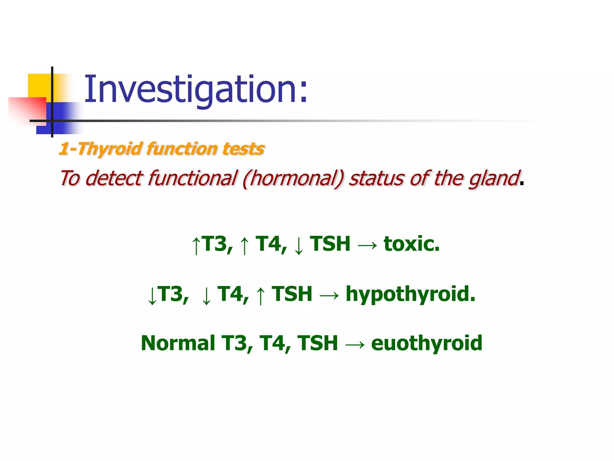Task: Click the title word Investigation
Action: (195, 89)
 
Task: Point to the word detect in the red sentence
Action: (114, 178)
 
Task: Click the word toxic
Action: (411, 244)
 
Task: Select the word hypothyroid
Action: (410, 294)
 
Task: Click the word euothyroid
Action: (427, 343)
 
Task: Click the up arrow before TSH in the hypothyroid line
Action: (261, 295)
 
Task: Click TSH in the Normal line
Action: (317, 343)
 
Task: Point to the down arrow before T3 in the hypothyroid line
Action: (152, 295)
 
